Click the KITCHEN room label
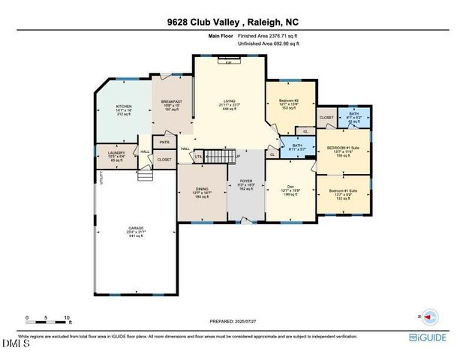124,107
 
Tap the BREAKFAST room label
172,101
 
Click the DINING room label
201,187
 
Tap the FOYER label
246,181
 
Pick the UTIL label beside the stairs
199,157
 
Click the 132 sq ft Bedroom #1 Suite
344,191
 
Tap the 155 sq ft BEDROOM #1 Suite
343,148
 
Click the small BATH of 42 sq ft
353,114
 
